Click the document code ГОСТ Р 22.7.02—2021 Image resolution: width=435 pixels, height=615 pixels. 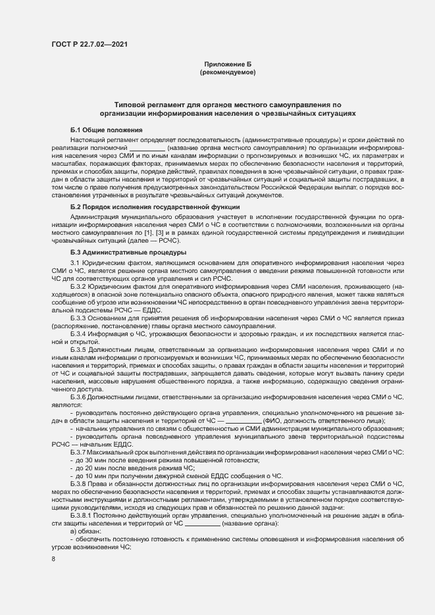coord(89,44)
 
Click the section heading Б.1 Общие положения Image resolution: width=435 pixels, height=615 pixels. coord(106,130)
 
